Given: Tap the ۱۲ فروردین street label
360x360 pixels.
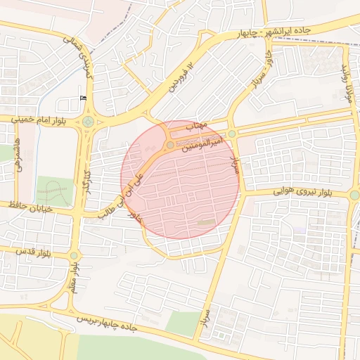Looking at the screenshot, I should [179, 77].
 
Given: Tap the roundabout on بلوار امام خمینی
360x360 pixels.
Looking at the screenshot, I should [87, 122].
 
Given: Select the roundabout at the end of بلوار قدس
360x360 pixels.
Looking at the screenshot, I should [75, 255].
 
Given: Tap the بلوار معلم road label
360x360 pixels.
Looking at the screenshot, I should [75, 277].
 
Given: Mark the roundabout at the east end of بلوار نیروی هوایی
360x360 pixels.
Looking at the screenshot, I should [354, 195].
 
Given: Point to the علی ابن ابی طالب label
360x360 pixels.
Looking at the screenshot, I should [123, 194].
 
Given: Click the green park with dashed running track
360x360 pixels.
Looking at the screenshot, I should [54, 191].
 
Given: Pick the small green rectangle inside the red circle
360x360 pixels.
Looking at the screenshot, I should [206, 223].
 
